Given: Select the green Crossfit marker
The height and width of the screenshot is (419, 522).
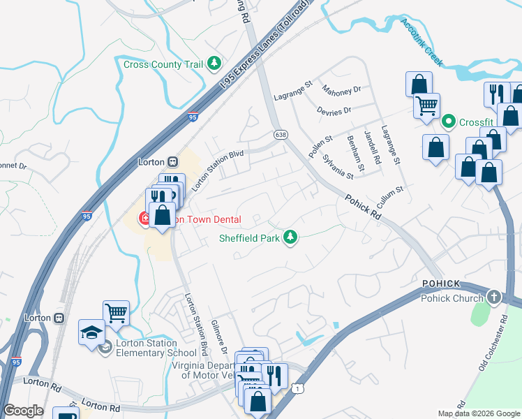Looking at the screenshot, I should (x=449, y=122).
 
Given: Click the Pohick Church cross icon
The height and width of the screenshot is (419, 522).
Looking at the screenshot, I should (x=494, y=298).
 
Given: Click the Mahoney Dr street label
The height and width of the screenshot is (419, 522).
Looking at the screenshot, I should (x=341, y=90).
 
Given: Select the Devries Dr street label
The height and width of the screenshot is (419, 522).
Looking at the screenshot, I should (x=334, y=111).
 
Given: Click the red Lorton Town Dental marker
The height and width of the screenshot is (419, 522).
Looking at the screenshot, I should (x=145, y=219).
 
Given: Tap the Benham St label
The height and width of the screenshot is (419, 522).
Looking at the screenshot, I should (x=356, y=153).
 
